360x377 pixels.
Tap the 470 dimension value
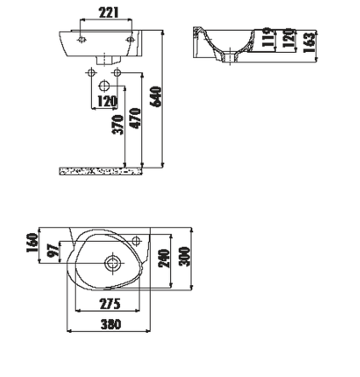pos(135,119)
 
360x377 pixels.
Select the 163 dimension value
pos(309,42)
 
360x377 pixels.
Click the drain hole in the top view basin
pos(112,263)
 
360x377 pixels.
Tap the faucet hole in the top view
pos(137,242)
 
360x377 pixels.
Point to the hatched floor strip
pos(101,171)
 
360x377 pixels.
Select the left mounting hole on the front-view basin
pos(82,40)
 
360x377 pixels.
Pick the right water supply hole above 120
pos(117,73)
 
